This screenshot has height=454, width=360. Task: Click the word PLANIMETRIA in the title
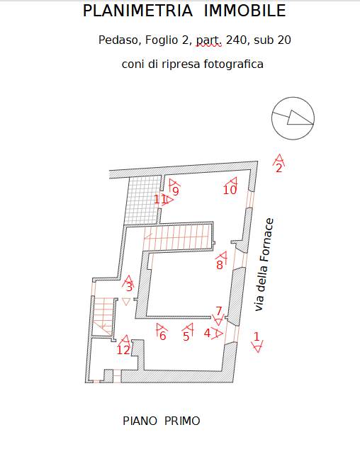pos(138,11)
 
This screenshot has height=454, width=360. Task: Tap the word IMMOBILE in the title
pos(245,11)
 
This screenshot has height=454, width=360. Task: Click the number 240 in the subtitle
pos(236,40)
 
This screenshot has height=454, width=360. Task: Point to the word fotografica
pos(233,64)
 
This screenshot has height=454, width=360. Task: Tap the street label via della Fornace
pos(264,265)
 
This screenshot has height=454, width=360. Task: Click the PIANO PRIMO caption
pos(162,421)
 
